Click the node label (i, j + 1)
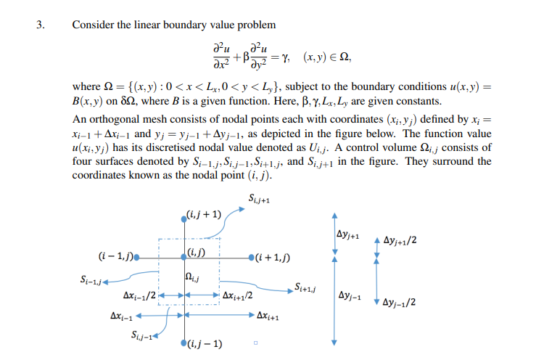205,214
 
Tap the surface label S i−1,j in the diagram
93,279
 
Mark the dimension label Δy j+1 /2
400,241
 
